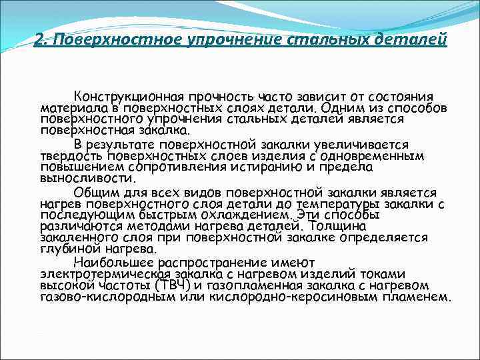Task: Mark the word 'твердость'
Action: click(x=67, y=155)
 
